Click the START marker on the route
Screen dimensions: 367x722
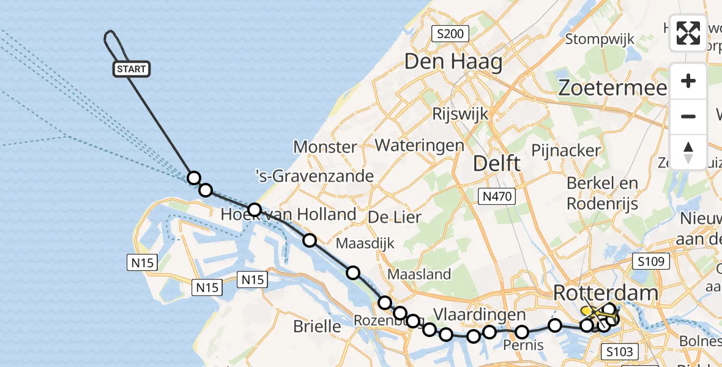pos(131,69)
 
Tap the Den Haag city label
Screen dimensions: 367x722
pos(453,62)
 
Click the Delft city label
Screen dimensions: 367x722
pos(497,163)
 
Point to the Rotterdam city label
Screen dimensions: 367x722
pos(606,292)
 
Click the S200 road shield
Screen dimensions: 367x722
pos(450,34)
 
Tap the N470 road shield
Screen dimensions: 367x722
pos(496,196)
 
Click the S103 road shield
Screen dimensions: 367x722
pos(620,351)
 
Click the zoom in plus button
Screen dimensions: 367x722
pos(688,81)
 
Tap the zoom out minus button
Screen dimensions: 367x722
pos(688,116)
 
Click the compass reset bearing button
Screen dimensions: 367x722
pos(688,152)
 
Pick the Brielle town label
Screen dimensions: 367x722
pos(317,326)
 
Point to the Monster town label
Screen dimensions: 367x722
pos(325,147)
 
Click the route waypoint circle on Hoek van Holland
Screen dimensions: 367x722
pos(255,210)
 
